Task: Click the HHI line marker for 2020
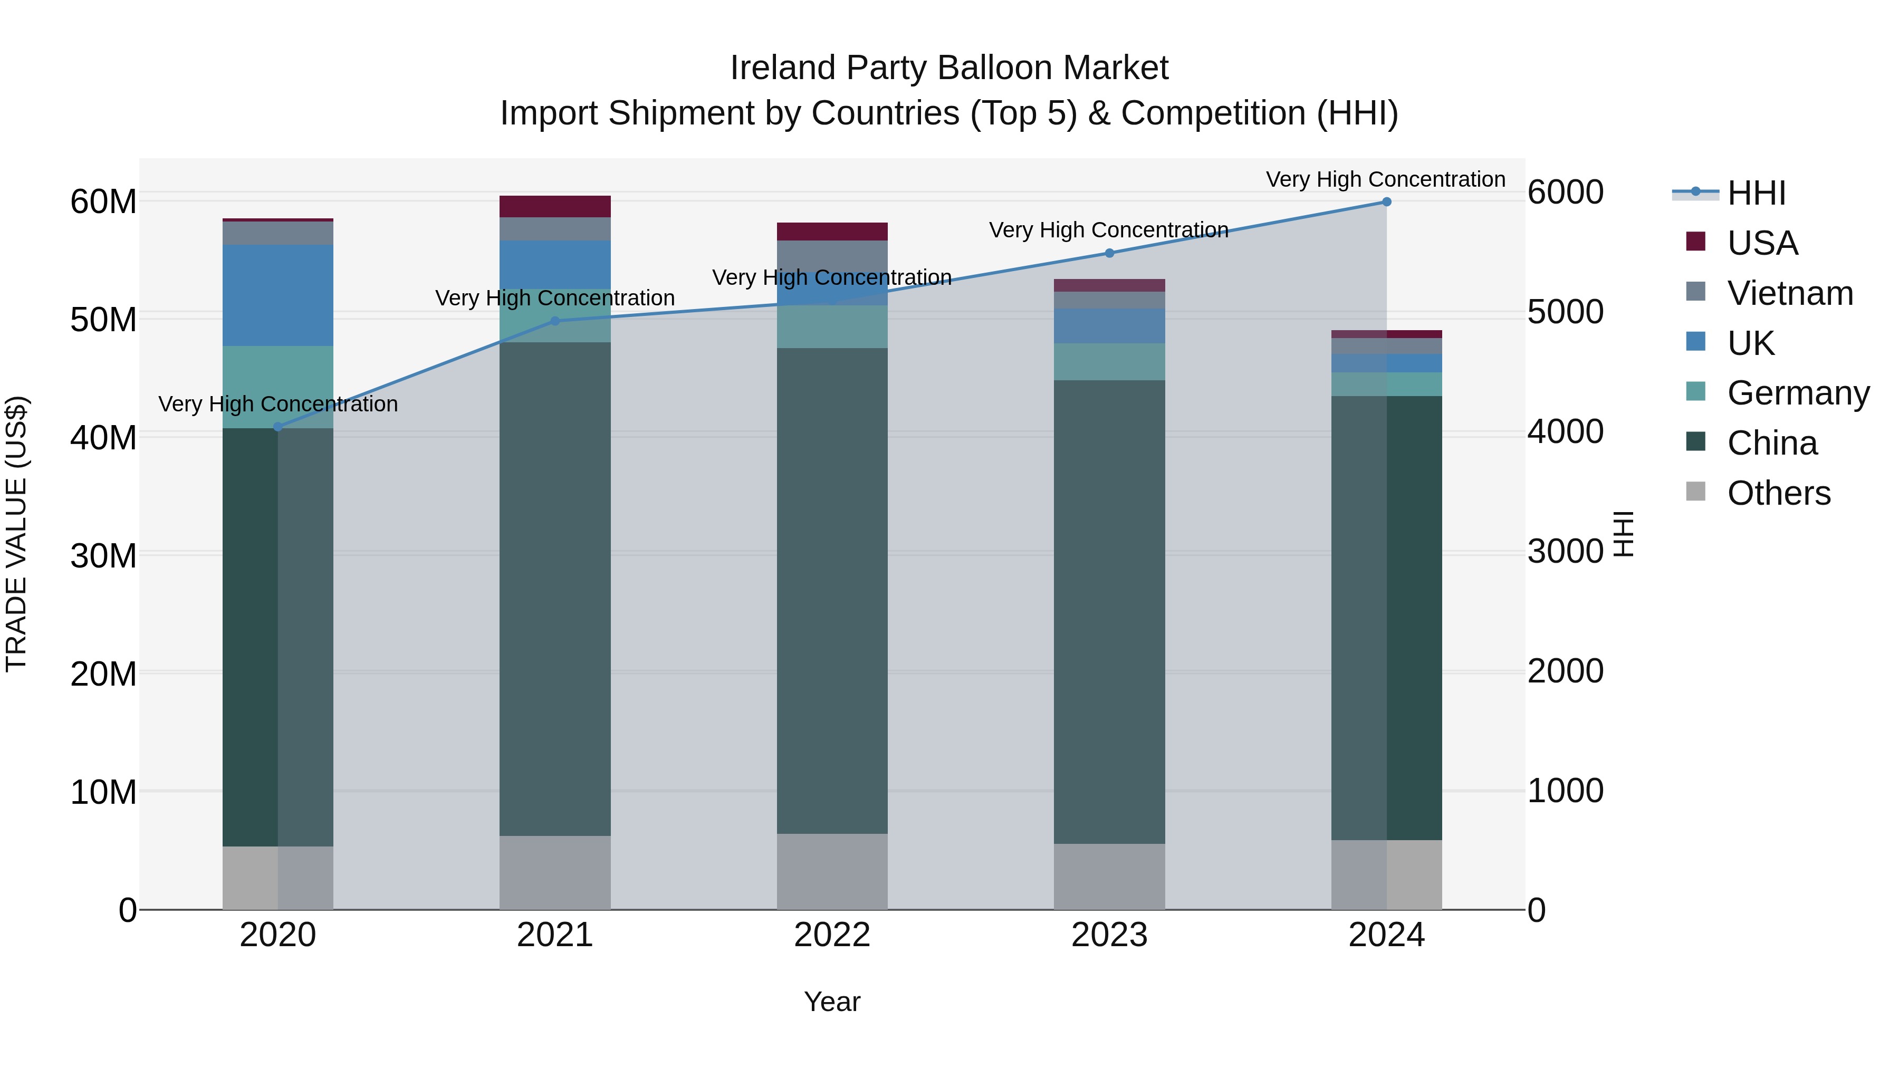coord(278,427)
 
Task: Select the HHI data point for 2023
coord(1109,253)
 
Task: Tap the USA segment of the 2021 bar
coord(554,206)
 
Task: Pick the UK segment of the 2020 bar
coord(278,295)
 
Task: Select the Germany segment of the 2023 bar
coord(1109,362)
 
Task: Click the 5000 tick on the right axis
coord(1565,312)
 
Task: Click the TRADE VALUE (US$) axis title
coord(16,534)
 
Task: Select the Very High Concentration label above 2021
coord(554,298)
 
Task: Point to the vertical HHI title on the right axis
coord(1623,534)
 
